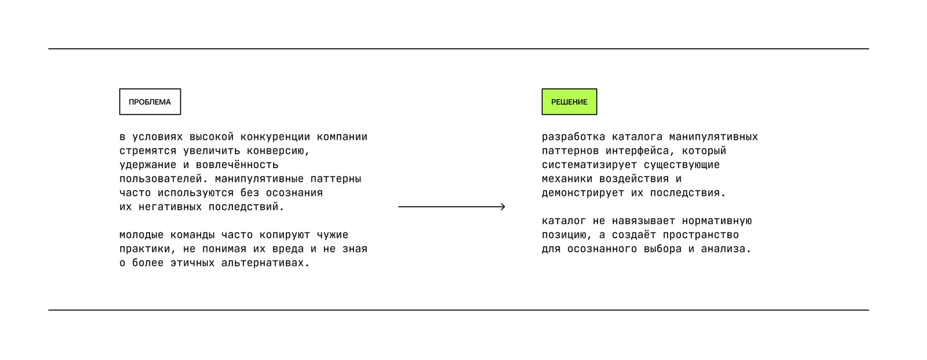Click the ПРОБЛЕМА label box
pos(150,102)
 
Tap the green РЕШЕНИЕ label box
pos(569,102)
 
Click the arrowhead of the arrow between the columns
pos(503,207)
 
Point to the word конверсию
pos(278,151)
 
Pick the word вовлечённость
pos(237,165)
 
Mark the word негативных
pos(170,207)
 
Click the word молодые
pos(142,235)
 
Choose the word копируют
pos(285,235)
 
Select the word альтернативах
pos(265,263)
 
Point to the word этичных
pos(192,263)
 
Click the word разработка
pos(574,137)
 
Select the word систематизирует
pos(590,165)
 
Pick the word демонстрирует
pos(583,193)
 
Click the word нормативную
pos(716,221)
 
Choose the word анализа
pos(726,249)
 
